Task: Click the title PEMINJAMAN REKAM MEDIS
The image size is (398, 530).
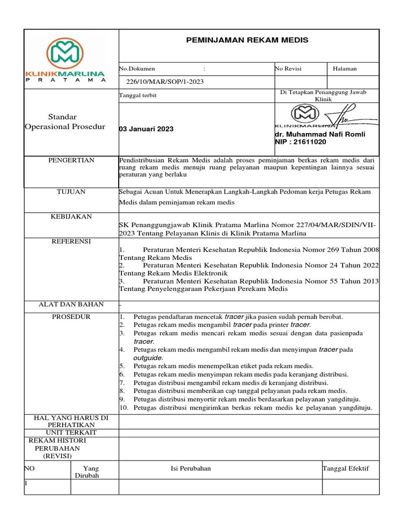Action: (x=247, y=40)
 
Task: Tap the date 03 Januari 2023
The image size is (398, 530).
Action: (x=147, y=129)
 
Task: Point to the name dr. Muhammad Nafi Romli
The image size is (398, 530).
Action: (x=320, y=134)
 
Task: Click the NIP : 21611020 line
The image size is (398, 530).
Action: (x=301, y=142)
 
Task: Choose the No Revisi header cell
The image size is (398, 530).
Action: (x=288, y=68)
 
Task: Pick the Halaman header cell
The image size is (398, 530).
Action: (x=345, y=68)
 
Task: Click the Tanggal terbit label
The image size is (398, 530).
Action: (x=138, y=96)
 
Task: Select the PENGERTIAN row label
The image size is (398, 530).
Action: (x=72, y=160)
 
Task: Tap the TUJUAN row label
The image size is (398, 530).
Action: (x=72, y=192)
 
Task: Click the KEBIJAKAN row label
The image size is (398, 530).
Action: (x=72, y=216)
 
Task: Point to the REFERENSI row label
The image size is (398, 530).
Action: (x=72, y=241)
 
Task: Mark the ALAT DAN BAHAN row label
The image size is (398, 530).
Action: (x=72, y=304)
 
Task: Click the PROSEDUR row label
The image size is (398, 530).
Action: (x=72, y=317)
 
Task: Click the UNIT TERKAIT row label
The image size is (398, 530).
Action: (x=72, y=433)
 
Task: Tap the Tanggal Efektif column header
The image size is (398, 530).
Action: (x=345, y=468)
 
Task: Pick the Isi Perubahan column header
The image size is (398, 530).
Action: (x=191, y=468)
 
